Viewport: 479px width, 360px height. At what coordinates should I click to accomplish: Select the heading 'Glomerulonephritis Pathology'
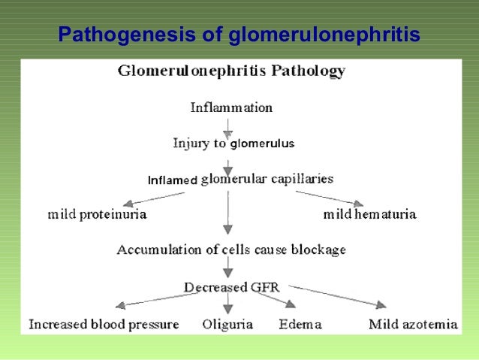[231, 72]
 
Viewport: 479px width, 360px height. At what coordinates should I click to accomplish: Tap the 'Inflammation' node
[231, 107]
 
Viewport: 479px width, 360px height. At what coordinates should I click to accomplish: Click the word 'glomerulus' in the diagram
[262, 144]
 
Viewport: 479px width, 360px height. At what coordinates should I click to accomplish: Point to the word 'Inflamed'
[172, 180]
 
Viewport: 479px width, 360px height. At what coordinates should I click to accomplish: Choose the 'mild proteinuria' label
[97, 214]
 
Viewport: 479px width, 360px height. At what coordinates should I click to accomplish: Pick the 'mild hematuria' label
[370, 214]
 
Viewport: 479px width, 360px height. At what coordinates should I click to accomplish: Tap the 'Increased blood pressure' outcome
[104, 325]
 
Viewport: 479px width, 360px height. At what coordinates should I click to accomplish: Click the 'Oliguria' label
[227, 325]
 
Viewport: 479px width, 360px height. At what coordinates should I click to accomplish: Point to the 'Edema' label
[300, 325]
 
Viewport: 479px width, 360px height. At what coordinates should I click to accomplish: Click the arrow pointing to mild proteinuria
[153, 198]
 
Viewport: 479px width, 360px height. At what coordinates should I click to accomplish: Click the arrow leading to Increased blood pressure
[150, 300]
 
